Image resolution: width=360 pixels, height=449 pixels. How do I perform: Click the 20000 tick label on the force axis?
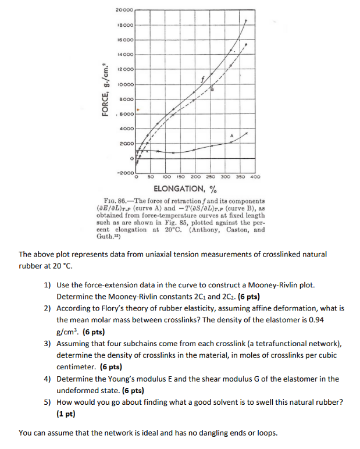pyautogui.click(x=124, y=10)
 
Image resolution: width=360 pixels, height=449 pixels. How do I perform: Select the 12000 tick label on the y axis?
pyautogui.click(x=126, y=69)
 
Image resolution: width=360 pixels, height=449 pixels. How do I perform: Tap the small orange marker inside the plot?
pyautogui.click(x=138, y=109)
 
